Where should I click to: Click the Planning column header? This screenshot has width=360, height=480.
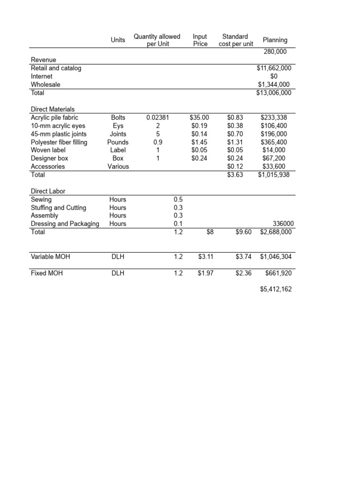(275, 40)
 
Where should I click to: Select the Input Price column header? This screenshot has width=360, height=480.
(200, 40)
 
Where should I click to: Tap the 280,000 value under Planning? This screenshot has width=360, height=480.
(276, 52)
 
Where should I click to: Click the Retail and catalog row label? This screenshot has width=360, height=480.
(56, 68)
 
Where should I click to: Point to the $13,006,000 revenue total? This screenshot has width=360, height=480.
(274, 93)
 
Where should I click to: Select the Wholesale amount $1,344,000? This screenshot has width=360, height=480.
(274, 84)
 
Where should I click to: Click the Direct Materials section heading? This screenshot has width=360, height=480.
(52, 109)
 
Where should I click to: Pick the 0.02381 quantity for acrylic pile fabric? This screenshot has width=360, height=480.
(157, 118)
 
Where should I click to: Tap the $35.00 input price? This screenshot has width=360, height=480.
(200, 118)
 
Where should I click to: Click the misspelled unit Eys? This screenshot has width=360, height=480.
(118, 126)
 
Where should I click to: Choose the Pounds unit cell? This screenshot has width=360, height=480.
(118, 142)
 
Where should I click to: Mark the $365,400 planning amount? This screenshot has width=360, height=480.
(276, 142)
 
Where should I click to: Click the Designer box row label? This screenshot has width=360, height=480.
(49, 158)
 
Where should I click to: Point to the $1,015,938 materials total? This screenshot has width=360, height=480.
(274, 174)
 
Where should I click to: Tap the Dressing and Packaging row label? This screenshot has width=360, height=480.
(65, 224)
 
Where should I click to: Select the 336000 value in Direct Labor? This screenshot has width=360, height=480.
(279, 224)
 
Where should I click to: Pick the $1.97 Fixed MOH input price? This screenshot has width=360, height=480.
(205, 273)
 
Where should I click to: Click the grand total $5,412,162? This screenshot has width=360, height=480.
(276, 289)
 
